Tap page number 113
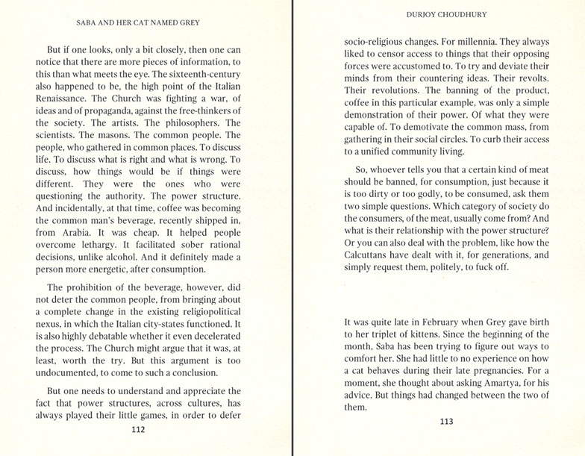446,422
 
